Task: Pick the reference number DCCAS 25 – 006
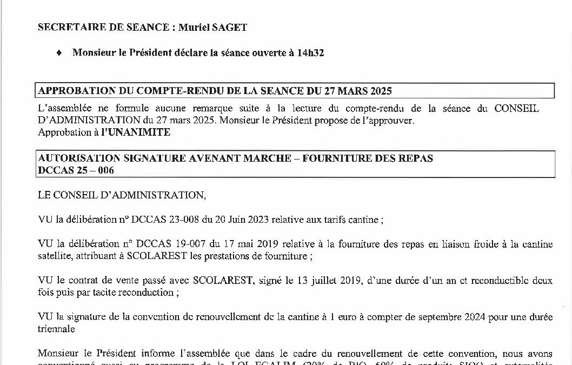[76, 170]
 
